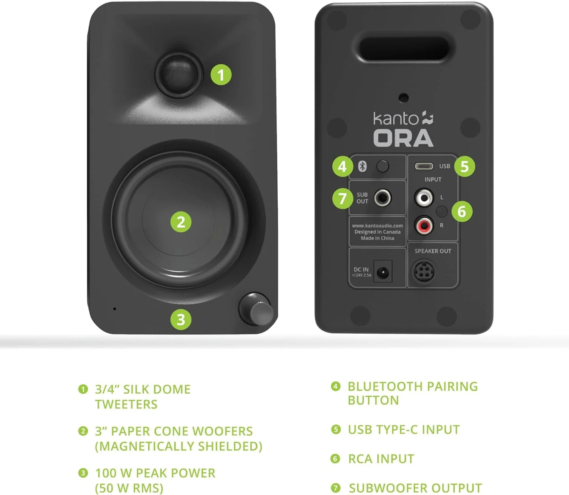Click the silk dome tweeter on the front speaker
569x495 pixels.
tap(178, 74)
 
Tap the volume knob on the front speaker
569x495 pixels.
tap(256, 309)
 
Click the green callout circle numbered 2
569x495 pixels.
tap(181, 222)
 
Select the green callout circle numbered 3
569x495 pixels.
tap(181, 320)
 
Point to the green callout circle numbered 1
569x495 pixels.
tap(221, 75)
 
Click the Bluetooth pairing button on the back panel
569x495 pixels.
tap(382, 166)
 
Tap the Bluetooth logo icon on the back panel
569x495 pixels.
tap(362, 166)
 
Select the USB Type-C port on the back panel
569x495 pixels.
tap(424, 166)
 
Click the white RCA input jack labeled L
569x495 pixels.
tap(423, 197)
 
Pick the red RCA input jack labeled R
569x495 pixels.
tap(423, 226)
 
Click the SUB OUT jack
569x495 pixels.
tap(382, 198)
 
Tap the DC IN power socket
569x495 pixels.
tap(383, 272)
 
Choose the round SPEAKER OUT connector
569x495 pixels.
tap(423, 271)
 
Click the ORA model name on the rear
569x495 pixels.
tap(403, 138)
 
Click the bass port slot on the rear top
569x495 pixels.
tap(404, 49)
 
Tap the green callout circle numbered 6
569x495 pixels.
tap(462, 211)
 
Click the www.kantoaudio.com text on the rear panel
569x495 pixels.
tap(377, 225)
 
